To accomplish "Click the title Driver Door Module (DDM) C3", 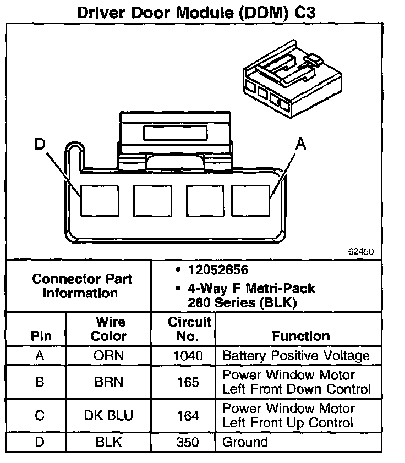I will [196, 13].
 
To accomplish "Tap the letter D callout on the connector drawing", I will [39, 145].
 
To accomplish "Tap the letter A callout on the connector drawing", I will [300, 145].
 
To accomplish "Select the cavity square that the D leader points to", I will [99, 200].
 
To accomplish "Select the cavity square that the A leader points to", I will [250, 200].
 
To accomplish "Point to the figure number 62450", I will [361, 251].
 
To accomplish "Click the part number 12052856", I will [218, 270].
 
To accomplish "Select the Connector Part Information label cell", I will [81, 285].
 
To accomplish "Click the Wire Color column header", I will [110, 329].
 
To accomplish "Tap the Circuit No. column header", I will [189, 329].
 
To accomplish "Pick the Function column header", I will [300, 336].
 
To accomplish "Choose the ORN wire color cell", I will [109, 356].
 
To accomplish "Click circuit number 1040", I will [188, 356].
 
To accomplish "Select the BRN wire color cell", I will [109, 382].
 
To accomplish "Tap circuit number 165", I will [188, 382].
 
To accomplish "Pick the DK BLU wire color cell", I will [109, 416].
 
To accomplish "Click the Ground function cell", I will [245, 442].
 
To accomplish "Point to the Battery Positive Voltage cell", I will [296, 356].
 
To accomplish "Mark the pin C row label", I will [40, 416].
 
